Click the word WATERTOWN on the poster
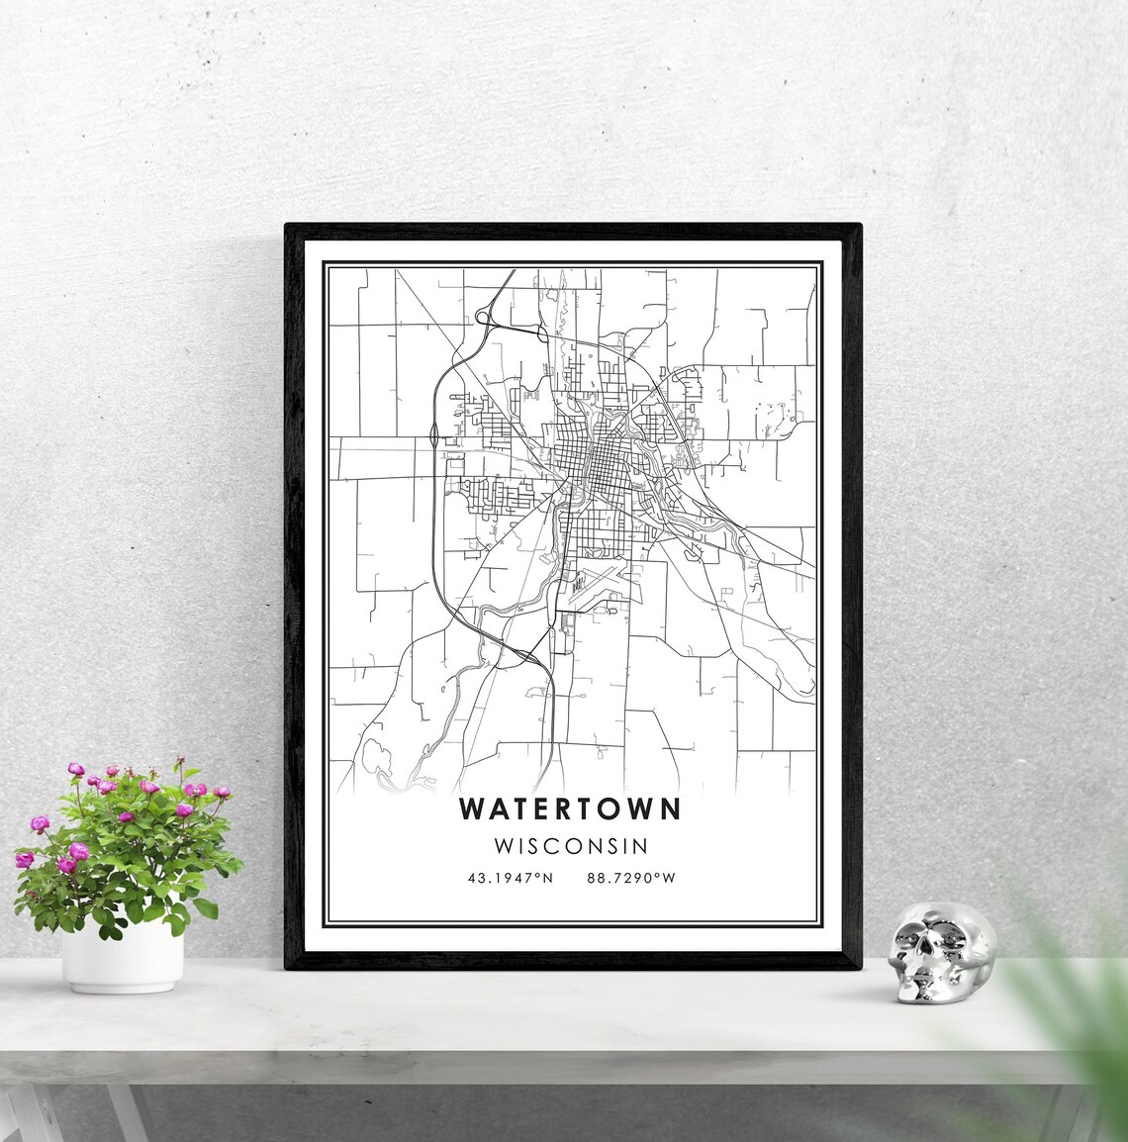tap(570, 809)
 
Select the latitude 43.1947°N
tap(511, 878)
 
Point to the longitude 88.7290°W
tap(630, 878)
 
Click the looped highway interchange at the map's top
tap(488, 317)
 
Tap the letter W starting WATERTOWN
tap(472, 809)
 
